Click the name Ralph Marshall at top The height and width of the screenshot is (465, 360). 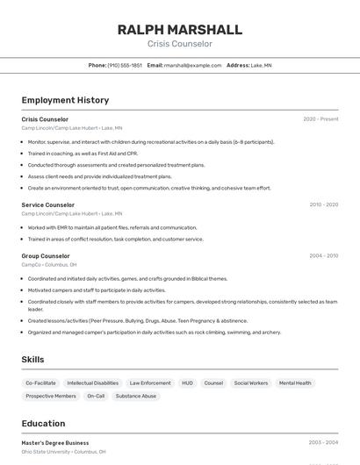[x=179, y=29]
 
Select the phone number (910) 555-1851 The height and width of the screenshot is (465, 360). [x=125, y=65]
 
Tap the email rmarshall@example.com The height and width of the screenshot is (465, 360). [x=192, y=65]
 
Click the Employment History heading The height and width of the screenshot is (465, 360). [x=65, y=100]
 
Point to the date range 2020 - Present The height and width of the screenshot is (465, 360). [x=320, y=119]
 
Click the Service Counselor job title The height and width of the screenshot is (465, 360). [x=48, y=204]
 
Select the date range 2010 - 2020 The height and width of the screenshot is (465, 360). [x=323, y=204]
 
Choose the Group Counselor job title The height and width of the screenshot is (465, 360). [x=46, y=256]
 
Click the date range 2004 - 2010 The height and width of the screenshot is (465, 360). [x=323, y=256]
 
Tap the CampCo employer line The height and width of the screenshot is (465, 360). [x=49, y=264]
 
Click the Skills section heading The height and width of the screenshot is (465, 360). [x=32, y=360]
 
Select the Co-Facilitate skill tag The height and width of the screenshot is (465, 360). [x=40, y=383]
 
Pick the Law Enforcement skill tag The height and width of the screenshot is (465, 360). [x=150, y=383]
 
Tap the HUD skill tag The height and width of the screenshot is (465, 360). [x=188, y=383]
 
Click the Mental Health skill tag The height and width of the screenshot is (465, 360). [x=295, y=383]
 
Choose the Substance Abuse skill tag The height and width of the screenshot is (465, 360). [x=136, y=397]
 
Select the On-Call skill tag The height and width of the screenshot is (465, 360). [x=96, y=397]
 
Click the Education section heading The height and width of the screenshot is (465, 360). [x=44, y=424]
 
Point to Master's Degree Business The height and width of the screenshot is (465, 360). [x=55, y=443]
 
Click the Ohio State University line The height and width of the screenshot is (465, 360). [x=63, y=452]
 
